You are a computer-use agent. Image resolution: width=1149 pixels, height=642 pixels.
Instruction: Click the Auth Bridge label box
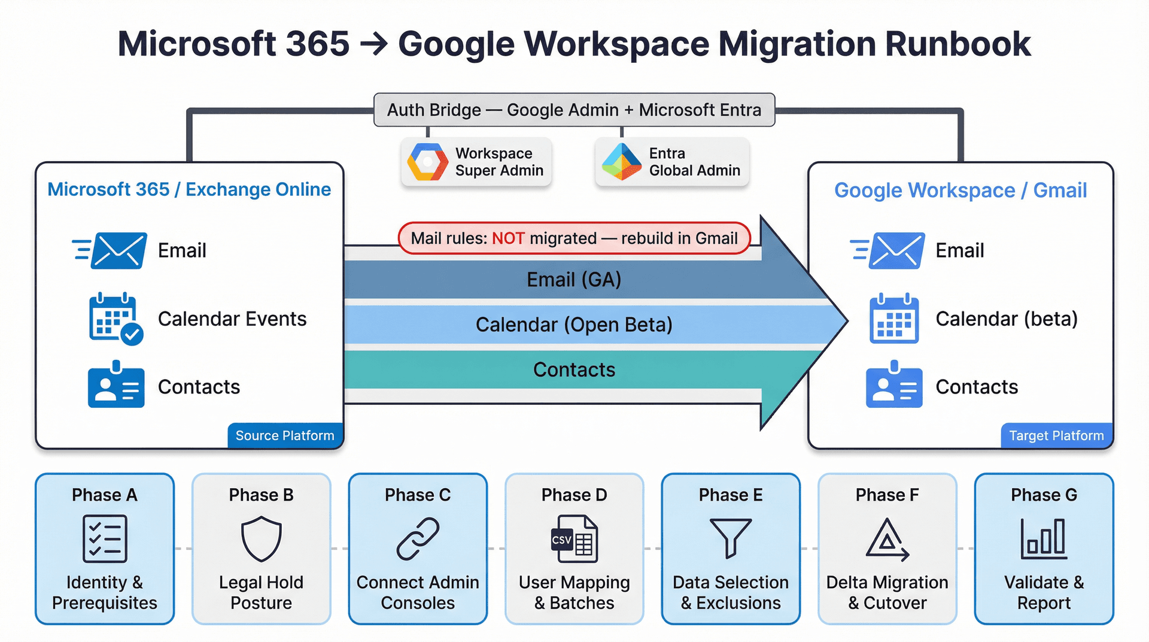coord(574,110)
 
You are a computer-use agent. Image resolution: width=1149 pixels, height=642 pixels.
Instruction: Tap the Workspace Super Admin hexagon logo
coord(427,162)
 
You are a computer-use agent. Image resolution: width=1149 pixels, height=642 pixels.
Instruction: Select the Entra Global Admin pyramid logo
coord(622,162)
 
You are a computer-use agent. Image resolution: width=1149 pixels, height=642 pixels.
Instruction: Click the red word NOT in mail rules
coord(508,238)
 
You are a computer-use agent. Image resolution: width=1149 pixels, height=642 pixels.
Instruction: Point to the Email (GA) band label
coord(574,280)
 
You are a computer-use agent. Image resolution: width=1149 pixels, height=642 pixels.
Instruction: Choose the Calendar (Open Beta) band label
coord(574,325)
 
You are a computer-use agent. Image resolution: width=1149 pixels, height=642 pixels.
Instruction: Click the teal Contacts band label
coord(574,370)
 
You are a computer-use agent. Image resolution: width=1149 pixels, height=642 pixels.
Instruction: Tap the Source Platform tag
coord(285,435)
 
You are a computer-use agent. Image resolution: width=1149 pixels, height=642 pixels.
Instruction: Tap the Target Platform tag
coord(1056,435)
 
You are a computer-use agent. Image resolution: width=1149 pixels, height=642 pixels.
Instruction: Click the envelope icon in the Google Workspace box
coord(895,250)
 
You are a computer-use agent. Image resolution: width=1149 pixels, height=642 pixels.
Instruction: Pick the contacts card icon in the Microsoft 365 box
coord(116,386)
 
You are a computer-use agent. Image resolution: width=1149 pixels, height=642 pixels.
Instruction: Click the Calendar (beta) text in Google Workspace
coord(1007,319)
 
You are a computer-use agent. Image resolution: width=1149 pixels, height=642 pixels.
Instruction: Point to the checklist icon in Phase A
coord(105,538)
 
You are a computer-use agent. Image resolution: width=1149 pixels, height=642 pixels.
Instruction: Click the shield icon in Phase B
coord(261,539)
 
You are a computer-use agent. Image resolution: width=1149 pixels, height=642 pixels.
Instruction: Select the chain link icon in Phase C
coord(418,539)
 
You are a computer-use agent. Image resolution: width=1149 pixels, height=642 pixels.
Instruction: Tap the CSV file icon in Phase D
coord(574,539)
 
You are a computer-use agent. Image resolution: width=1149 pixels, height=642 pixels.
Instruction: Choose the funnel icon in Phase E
coord(731,538)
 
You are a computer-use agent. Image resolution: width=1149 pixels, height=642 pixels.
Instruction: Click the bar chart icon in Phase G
coord(1044,538)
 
